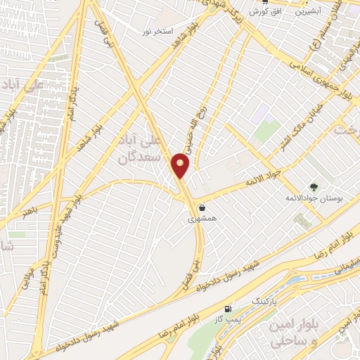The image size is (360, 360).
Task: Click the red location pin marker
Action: (x=181, y=165)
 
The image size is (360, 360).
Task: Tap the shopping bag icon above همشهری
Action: (x=202, y=208)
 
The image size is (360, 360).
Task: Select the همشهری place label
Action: (x=202, y=219)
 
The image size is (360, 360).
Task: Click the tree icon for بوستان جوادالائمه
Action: (x=314, y=188)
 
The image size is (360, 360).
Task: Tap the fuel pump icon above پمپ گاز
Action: (x=227, y=309)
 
